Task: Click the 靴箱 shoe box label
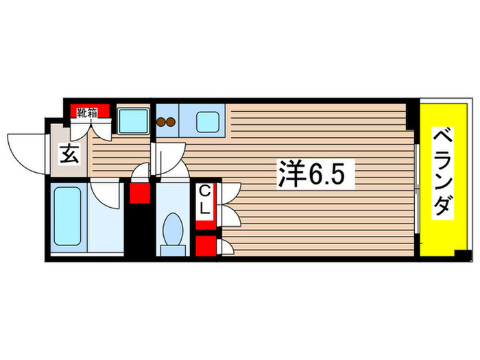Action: point(86,112)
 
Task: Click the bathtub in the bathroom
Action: point(68,216)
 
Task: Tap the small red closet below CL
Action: point(204,246)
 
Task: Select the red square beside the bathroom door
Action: point(140,192)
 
